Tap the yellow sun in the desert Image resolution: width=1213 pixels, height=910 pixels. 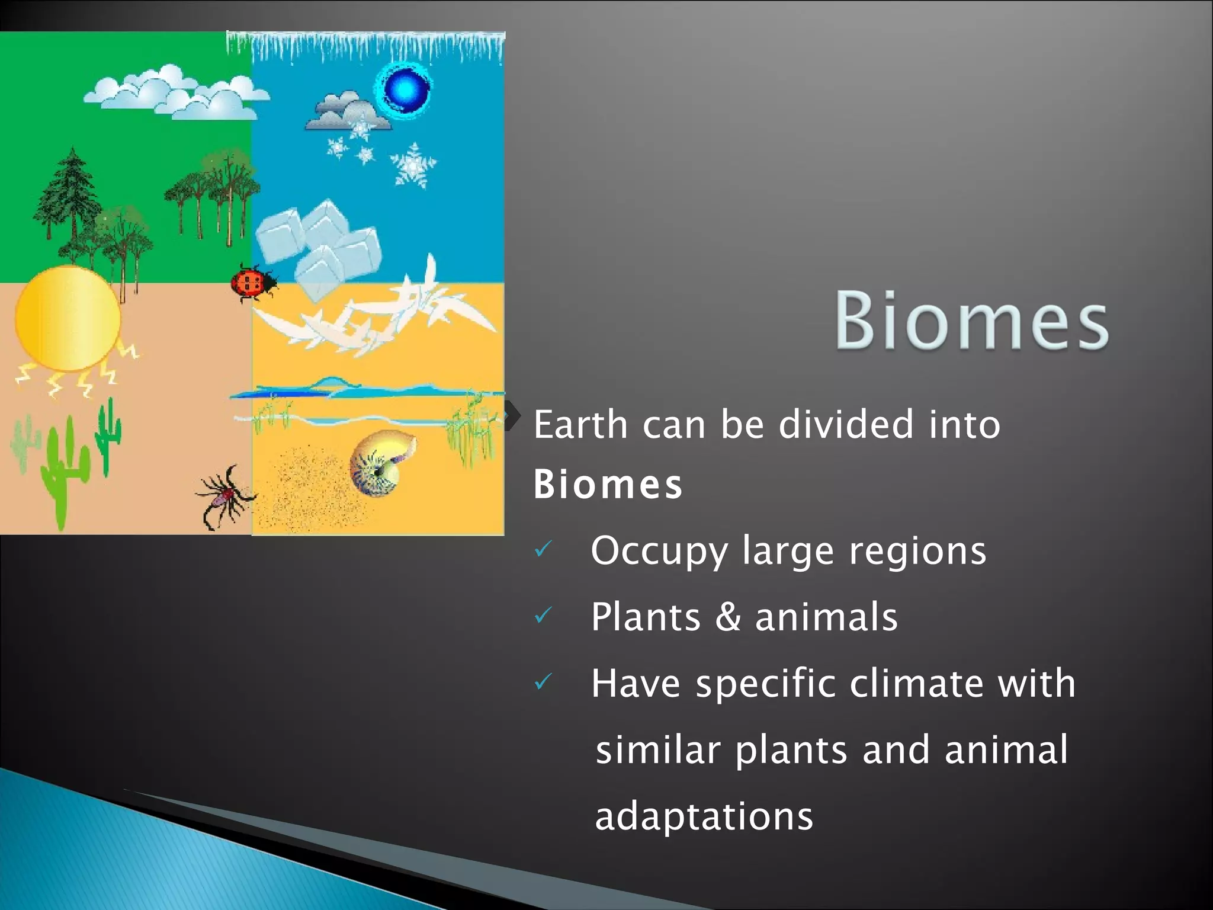point(68,319)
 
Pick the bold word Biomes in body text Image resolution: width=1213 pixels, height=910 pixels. point(608,485)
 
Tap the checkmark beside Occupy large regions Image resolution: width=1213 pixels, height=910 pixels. point(543,550)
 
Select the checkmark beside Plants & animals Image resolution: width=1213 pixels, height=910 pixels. point(543,616)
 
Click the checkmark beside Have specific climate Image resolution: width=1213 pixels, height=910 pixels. point(543,682)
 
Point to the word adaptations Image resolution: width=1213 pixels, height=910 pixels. point(704,817)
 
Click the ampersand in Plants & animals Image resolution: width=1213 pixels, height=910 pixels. point(728,617)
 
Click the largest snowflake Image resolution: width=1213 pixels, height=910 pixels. point(413,165)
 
